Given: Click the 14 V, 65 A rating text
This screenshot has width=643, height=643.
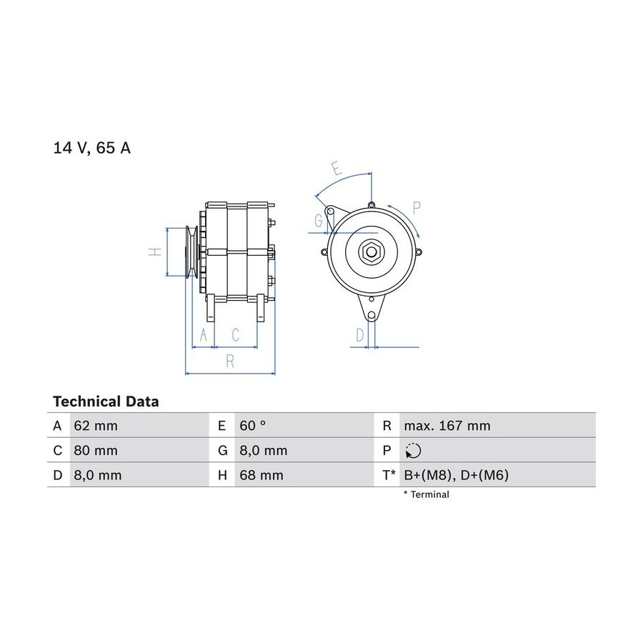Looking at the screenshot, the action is tap(92, 148).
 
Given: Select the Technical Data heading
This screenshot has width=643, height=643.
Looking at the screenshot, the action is tap(106, 402).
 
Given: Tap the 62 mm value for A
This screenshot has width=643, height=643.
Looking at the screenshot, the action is tap(96, 426).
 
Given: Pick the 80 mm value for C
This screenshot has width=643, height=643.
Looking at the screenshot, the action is tap(96, 450).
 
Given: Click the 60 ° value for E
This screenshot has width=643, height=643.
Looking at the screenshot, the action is tap(253, 426).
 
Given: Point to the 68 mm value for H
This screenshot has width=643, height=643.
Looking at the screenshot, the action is tap(261, 475).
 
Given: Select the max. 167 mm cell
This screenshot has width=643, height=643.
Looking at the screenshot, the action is tap(447, 426).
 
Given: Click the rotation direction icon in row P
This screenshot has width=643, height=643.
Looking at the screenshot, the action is tap(412, 451).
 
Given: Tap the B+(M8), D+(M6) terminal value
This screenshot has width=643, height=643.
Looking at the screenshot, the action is tap(456, 475).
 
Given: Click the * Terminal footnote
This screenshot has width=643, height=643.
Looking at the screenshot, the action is tap(427, 494).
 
